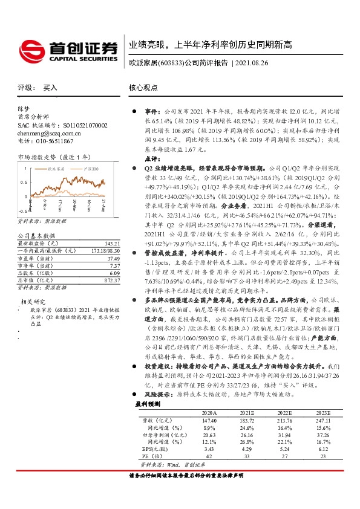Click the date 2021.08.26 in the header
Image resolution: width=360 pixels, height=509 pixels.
pyautogui.click(x=260, y=62)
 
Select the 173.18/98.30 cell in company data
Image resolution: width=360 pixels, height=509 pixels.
pyautogui.click(x=100, y=250)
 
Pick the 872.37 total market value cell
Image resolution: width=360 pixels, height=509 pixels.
pyautogui.click(x=104, y=280)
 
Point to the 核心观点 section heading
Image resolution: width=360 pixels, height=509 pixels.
pyautogui.click(x=143, y=88)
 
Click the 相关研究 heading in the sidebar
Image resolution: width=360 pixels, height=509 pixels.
pyautogui.click(x=34, y=300)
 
